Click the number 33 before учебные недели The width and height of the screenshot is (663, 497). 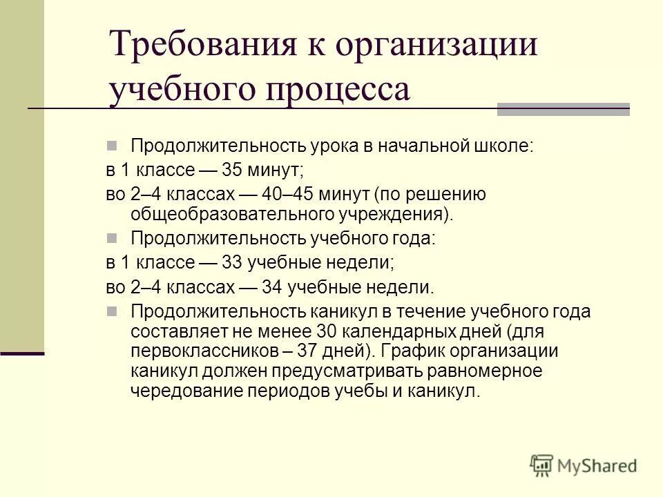point(233,262)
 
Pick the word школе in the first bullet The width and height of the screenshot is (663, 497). point(502,146)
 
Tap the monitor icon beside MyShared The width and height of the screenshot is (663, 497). point(542,465)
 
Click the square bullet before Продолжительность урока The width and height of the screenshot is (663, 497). point(113,146)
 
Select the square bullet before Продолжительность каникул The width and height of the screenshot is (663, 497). point(113,311)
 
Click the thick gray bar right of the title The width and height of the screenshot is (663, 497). point(564,108)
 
